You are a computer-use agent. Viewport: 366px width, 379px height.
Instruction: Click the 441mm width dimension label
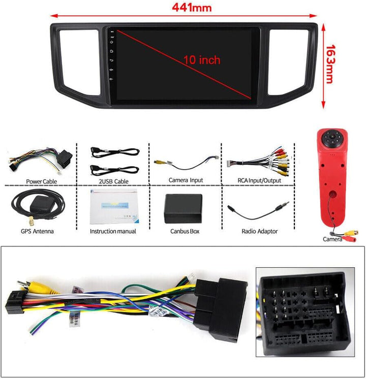pos(192,8)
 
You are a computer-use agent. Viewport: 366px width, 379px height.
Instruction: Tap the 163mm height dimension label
pos(330,64)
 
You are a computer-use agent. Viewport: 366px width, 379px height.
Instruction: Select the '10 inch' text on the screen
pos(202,60)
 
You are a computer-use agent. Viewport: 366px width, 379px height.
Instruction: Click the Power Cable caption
pos(41,181)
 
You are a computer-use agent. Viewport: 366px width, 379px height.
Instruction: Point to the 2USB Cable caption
pos(113,181)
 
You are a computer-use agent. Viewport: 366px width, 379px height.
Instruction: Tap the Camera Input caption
pos(186,180)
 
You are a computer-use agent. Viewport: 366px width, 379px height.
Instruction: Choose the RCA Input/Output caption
pos(259,180)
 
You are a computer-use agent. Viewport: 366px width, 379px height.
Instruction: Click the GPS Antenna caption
pos(37,231)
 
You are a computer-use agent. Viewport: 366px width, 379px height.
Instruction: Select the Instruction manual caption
pos(113,231)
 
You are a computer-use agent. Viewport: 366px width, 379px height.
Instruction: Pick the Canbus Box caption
pos(185,231)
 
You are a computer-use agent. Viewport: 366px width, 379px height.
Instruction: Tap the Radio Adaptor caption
pos(260,231)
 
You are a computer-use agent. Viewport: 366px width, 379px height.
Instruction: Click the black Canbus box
pos(183,209)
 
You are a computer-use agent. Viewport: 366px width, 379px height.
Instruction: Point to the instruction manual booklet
pos(114,207)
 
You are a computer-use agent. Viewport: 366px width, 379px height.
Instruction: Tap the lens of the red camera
pos(332,136)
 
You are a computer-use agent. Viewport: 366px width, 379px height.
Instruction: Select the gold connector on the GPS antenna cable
pos(32,220)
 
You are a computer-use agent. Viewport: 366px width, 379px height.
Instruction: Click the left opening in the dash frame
pos(79,62)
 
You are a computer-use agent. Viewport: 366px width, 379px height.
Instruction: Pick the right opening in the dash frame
pos(288,62)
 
